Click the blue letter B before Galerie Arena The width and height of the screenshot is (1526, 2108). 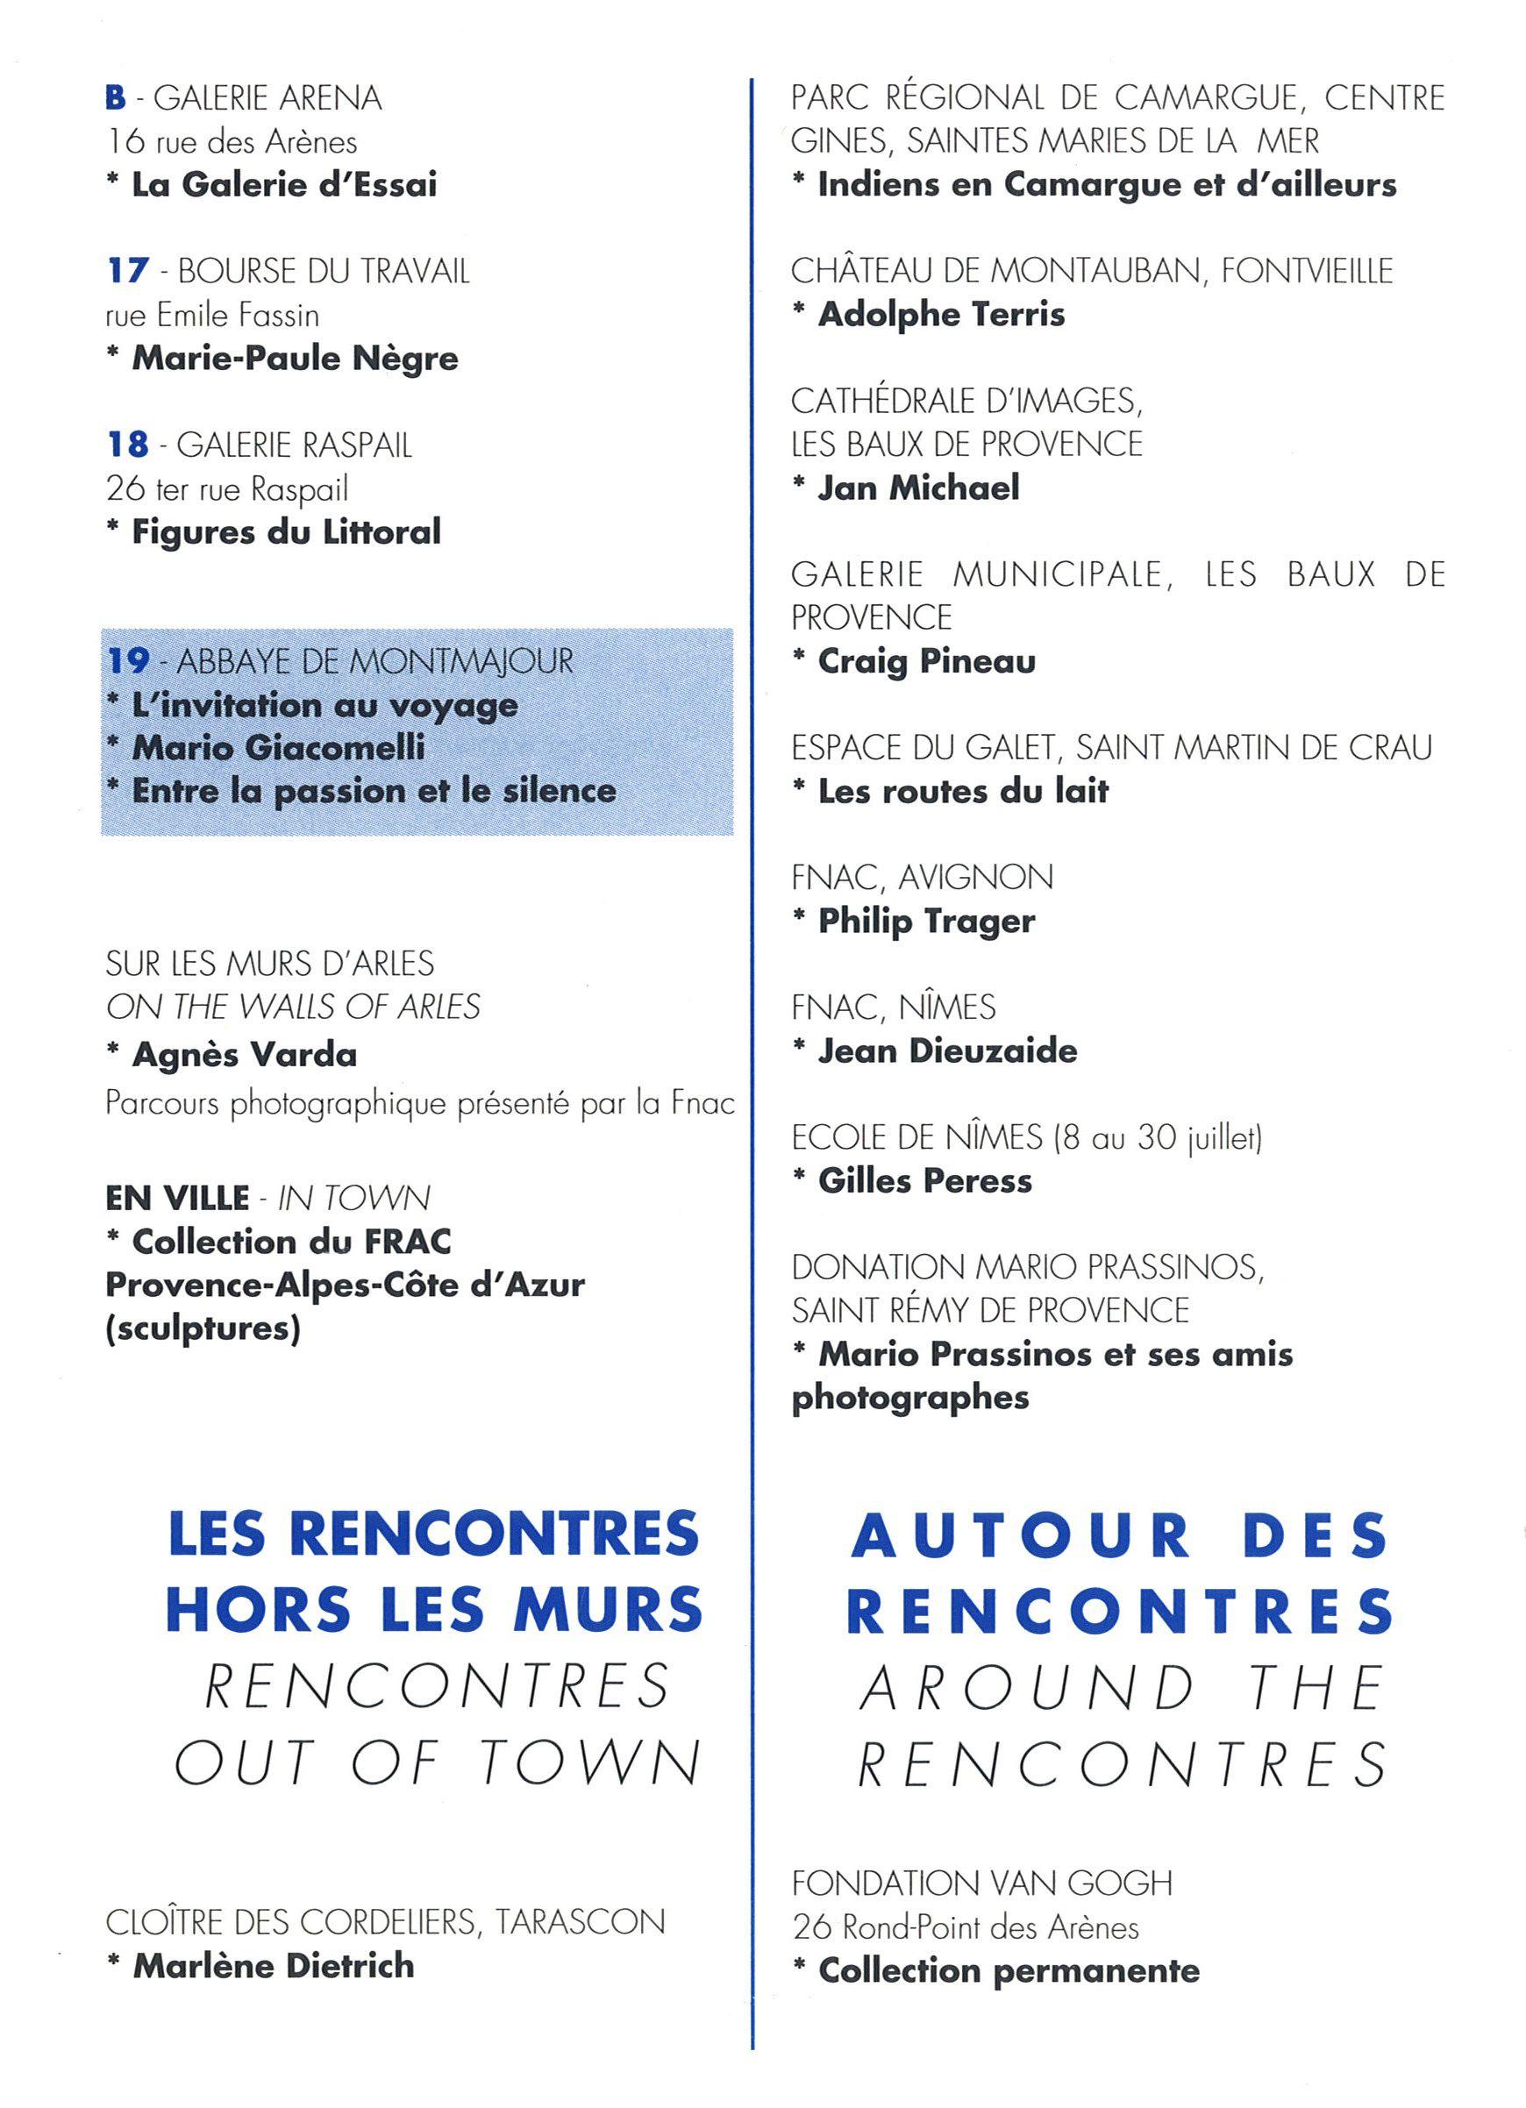tap(115, 97)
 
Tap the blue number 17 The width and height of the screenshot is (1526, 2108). tap(127, 272)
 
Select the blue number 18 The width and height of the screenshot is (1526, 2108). tap(127, 445)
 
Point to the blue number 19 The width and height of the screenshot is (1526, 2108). tap(128, 661)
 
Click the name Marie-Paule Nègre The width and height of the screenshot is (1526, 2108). tap(295, 358)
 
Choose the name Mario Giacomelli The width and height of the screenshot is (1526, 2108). tap(278, 747)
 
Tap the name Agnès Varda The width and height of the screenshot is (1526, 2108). tap(245, 1055)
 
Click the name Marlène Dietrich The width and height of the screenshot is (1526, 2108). tap(274, 1966)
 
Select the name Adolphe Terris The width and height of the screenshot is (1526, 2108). tap(940, 314)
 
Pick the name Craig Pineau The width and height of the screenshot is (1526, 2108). tap(925, 661)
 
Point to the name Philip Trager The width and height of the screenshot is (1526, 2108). tap(925, 921)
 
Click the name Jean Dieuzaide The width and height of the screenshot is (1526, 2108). tap(947, 1050)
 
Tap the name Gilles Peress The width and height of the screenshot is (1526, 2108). tap(924, 1180)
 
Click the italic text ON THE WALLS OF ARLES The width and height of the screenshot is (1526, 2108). tap(293, 1007)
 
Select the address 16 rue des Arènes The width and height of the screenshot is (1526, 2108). tap(232, 141)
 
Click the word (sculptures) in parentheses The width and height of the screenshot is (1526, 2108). tap(203, 1330)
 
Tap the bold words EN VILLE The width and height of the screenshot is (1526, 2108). tap(176, 1198)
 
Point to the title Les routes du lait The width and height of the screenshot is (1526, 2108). tap(963, 791)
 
